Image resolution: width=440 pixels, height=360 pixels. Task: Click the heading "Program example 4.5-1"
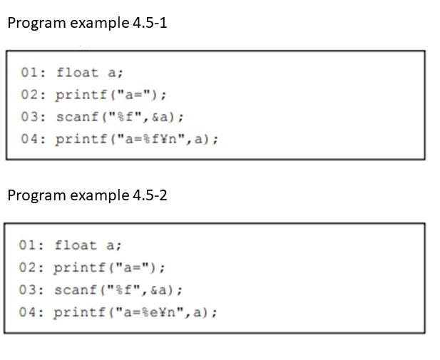87,23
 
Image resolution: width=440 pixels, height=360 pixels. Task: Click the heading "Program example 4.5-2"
87,195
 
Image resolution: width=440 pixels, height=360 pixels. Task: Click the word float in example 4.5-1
78,72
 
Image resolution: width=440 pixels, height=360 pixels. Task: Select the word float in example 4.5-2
76,245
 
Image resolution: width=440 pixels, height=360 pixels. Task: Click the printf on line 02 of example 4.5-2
80,267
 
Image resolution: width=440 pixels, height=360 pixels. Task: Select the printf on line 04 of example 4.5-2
80,312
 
